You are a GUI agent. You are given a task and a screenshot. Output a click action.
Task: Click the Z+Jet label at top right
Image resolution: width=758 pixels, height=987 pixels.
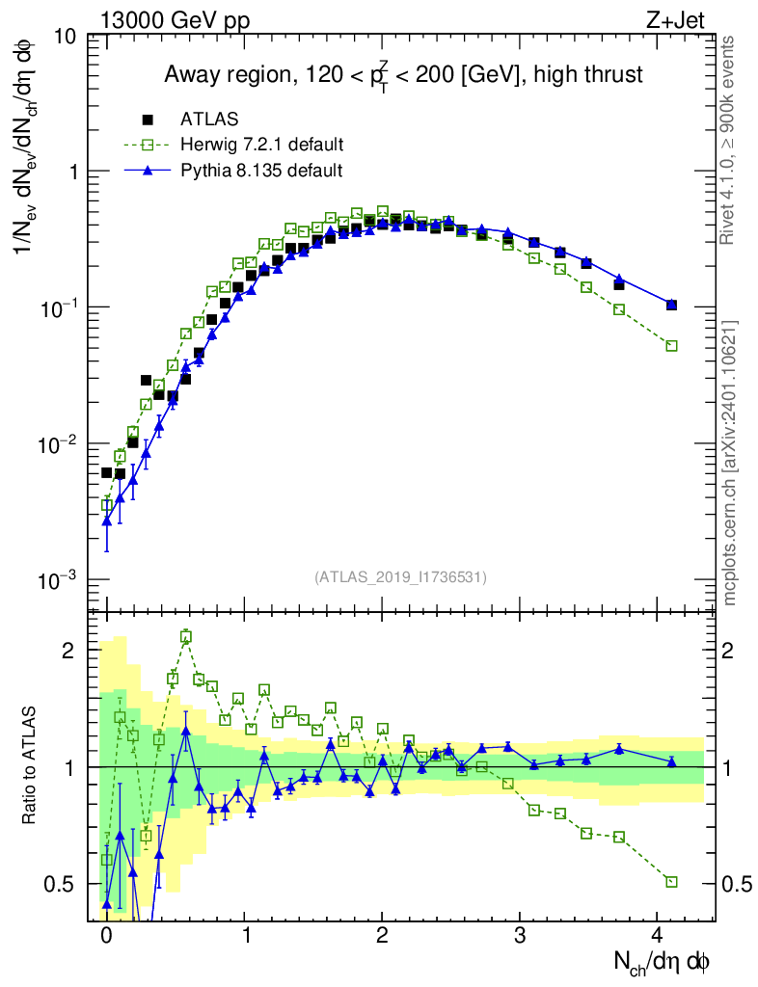point(675,21)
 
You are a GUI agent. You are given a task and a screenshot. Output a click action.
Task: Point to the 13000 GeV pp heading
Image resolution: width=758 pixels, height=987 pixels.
point(175,21)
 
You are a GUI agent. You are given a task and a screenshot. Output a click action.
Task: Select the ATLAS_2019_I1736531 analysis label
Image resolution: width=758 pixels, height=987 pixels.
point(400,577)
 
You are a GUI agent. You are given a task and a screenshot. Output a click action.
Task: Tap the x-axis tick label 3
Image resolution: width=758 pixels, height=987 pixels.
point(519,934)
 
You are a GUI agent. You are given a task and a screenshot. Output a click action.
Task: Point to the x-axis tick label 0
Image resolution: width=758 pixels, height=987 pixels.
point(106,934)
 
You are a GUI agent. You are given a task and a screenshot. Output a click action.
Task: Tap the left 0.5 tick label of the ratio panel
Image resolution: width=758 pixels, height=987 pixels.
point(61,884)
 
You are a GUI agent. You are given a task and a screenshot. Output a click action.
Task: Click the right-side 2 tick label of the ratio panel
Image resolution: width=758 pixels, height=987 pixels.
point(727,651)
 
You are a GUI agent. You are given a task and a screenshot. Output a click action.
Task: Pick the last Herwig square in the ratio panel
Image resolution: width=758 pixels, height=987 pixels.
point(671,882)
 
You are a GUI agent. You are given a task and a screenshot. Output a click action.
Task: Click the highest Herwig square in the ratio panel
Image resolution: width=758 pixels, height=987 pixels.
point(186,637)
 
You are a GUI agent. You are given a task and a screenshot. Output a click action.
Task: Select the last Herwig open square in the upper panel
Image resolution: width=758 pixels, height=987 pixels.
point(671,346)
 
